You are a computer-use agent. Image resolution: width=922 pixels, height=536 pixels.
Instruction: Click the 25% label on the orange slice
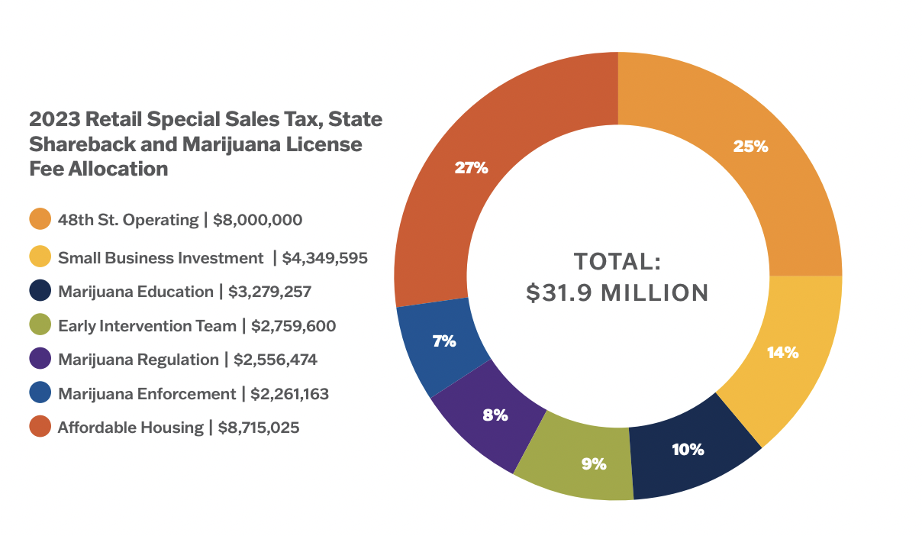pyautogui.click(x=750, y=147)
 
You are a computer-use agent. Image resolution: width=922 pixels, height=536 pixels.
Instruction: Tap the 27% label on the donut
pyautogui.click(x=471, y=168)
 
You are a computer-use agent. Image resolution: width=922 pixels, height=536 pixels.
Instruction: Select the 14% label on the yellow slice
pyautogui.click(x=782, y=353)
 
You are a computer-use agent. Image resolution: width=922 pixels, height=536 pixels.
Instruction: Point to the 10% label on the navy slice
pyautogui.click(x=688, y=449)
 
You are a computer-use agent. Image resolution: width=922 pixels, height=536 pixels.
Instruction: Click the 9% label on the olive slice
pyautogui.click(x=593, y=463)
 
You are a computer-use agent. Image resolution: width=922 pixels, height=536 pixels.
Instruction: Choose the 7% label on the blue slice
pyautogui.click(x=444, y=341)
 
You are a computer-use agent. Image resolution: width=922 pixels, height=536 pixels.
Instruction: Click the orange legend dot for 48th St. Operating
pyautogui.click(x=40, y=219)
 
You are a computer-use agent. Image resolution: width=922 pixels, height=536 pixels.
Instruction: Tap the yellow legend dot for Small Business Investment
pyautogui.click(x=40, y=257)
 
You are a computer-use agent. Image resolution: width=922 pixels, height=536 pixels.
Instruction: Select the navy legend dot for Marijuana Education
pyautogui.click(x=40, y=292)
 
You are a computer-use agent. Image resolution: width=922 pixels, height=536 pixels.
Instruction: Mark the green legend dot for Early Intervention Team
pyautogui.click(x=40, y=326)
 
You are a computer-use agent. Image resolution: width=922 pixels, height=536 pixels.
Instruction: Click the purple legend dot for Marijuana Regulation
pyautogui.click(x=40, y=359)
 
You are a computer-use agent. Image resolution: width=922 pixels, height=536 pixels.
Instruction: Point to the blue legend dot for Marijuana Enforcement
pyautogui.click(x=40, y=393)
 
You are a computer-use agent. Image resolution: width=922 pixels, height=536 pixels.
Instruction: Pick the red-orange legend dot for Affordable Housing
pyautogui.click(x=40, y=427)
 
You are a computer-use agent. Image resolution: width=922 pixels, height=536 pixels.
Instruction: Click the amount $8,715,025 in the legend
pyautogui.click(x=259, y=428)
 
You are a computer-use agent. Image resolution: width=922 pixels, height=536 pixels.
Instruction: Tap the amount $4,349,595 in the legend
pyautogui.click(x=325, y=258)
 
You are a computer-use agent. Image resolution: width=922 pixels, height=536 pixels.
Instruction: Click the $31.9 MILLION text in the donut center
pyautogui.click(x=617, y=292)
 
